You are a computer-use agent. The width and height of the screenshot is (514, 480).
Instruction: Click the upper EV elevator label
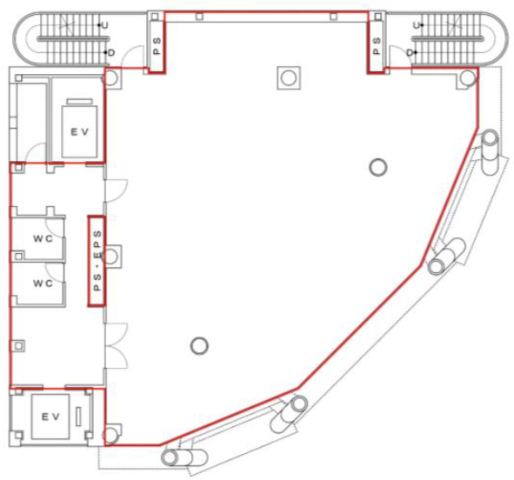80,132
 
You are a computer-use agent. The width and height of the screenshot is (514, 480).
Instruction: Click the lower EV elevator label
50,417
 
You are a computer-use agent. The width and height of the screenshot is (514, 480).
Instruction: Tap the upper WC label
43,238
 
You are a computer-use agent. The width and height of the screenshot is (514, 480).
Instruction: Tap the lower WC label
43,283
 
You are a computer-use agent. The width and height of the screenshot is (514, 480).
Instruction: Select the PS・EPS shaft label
97,261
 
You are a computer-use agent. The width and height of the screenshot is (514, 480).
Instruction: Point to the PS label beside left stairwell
157,45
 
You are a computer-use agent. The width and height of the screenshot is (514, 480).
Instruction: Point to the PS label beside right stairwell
377,45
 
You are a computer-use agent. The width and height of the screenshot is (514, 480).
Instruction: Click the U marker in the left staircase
104,25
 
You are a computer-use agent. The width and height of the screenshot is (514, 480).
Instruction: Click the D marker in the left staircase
110,52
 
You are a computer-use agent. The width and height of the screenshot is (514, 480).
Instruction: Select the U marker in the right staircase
417,25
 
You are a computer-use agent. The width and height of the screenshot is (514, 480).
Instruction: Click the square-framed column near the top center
289,78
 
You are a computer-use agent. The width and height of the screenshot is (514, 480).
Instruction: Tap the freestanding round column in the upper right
378,168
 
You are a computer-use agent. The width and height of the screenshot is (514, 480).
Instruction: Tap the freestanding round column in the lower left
199,346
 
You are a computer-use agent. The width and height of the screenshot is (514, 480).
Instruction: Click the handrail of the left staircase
72,38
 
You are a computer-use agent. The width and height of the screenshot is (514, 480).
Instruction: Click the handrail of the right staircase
448,38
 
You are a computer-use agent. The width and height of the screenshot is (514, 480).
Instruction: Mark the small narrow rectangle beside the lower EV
78,417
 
